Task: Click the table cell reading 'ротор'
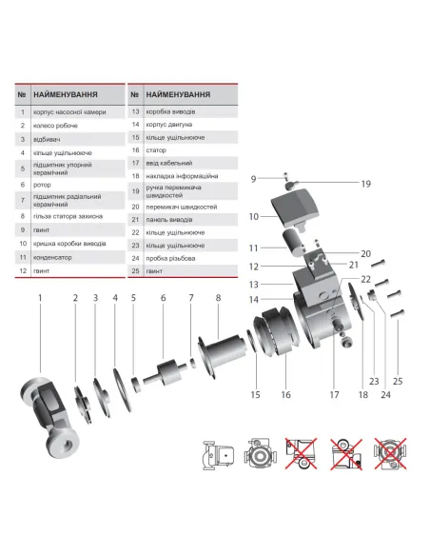point(44,187)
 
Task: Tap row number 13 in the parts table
point(135,111)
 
